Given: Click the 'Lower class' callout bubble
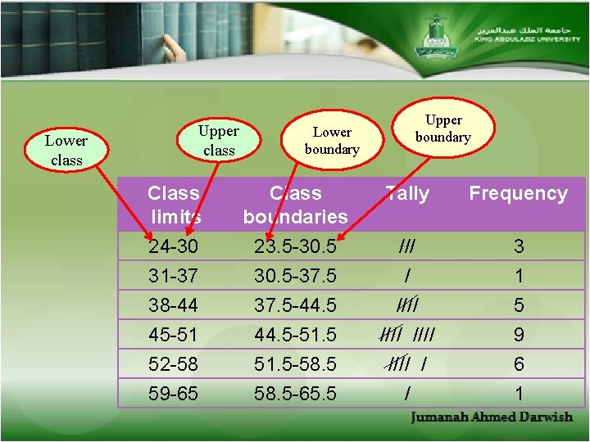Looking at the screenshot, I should coord(66,151).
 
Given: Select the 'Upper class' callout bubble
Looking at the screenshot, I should coord(219,140).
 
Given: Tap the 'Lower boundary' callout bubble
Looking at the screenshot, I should coord(332,140).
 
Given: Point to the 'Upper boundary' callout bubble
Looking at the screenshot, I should coord(442,129).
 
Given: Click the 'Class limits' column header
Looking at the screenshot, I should coord(174,205).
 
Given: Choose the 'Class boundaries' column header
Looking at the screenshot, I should coord(296,205).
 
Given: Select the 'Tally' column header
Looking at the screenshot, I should coord(407,194).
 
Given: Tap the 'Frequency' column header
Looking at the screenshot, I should coord(518,194).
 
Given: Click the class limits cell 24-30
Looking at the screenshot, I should coord(174,246).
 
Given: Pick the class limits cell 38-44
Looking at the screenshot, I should coord(174,305).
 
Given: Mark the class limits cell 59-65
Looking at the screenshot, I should coord(174,394).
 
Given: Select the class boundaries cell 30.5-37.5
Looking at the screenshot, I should coord(296,276).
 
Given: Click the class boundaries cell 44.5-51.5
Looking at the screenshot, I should coord(296,335).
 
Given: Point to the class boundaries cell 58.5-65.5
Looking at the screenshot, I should coord(296,394).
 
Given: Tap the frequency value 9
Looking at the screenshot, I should coord(518,335).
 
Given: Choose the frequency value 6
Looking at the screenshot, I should coord(518,364).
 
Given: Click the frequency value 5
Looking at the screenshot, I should coord(518,305).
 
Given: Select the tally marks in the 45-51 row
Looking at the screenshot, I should coord(406,334).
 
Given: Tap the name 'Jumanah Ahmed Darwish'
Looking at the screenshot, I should coord(492,417).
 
